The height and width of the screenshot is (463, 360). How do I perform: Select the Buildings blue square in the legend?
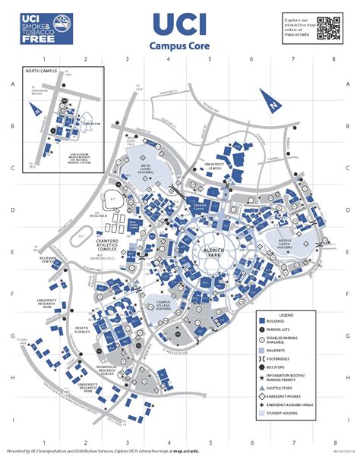point(261,321)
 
